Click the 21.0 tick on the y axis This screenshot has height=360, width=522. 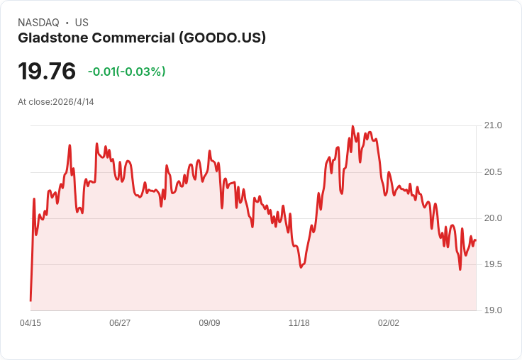click(493, 125)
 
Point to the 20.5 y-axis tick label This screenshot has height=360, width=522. click(493, 172)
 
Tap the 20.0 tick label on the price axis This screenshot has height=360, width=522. click(493, 218)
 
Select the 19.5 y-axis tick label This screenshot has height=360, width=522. click(493, 264)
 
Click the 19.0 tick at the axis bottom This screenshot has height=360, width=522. click(493, 310)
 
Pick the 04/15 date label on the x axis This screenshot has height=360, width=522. click(30, 322)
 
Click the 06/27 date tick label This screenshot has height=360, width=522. click(120, 322)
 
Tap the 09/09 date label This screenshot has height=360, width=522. click(209, 322)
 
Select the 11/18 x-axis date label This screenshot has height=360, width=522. click(299, 322)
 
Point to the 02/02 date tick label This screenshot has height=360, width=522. click(389, 322)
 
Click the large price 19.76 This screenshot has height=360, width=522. click(47, 71)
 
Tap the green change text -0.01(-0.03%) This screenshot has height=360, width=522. click(126, 72)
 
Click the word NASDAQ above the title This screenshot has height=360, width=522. click(38, 23)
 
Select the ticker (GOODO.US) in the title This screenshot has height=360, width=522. click(223, 38)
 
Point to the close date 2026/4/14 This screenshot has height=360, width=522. click(73, 102)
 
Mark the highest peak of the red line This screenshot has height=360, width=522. click(352, 126)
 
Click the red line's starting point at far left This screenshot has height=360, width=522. click(30, 300)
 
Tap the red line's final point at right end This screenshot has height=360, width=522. click(476, 240)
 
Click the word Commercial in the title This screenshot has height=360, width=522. click(133, 38)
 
